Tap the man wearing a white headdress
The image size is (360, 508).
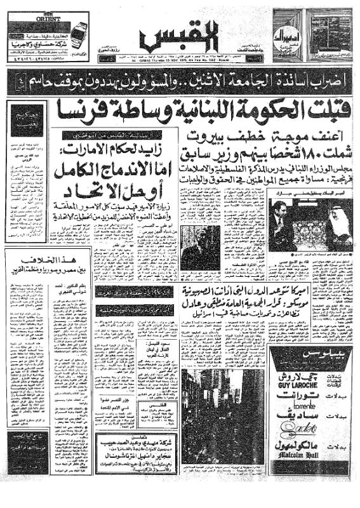coord(330,228)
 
